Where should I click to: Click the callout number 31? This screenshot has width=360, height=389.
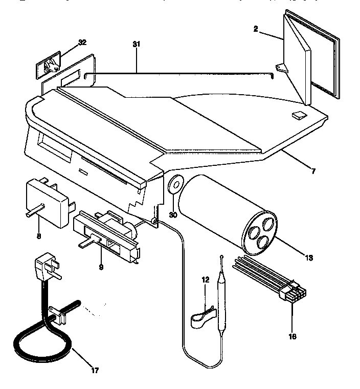[136, 45]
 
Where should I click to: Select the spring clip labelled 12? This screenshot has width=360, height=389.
[202, 319]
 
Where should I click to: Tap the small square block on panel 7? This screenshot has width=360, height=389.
[298, 116]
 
